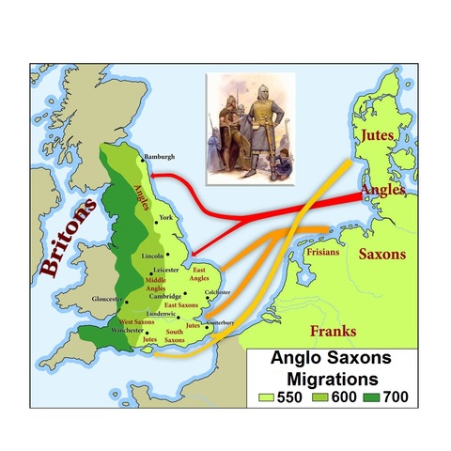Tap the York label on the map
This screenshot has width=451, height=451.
167,217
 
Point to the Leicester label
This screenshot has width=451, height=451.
166,271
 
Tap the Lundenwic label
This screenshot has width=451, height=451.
161,313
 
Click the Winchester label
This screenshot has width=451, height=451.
126,331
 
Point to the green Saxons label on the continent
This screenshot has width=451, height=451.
382,255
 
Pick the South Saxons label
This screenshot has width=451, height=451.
174,335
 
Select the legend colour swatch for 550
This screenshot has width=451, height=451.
266,397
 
